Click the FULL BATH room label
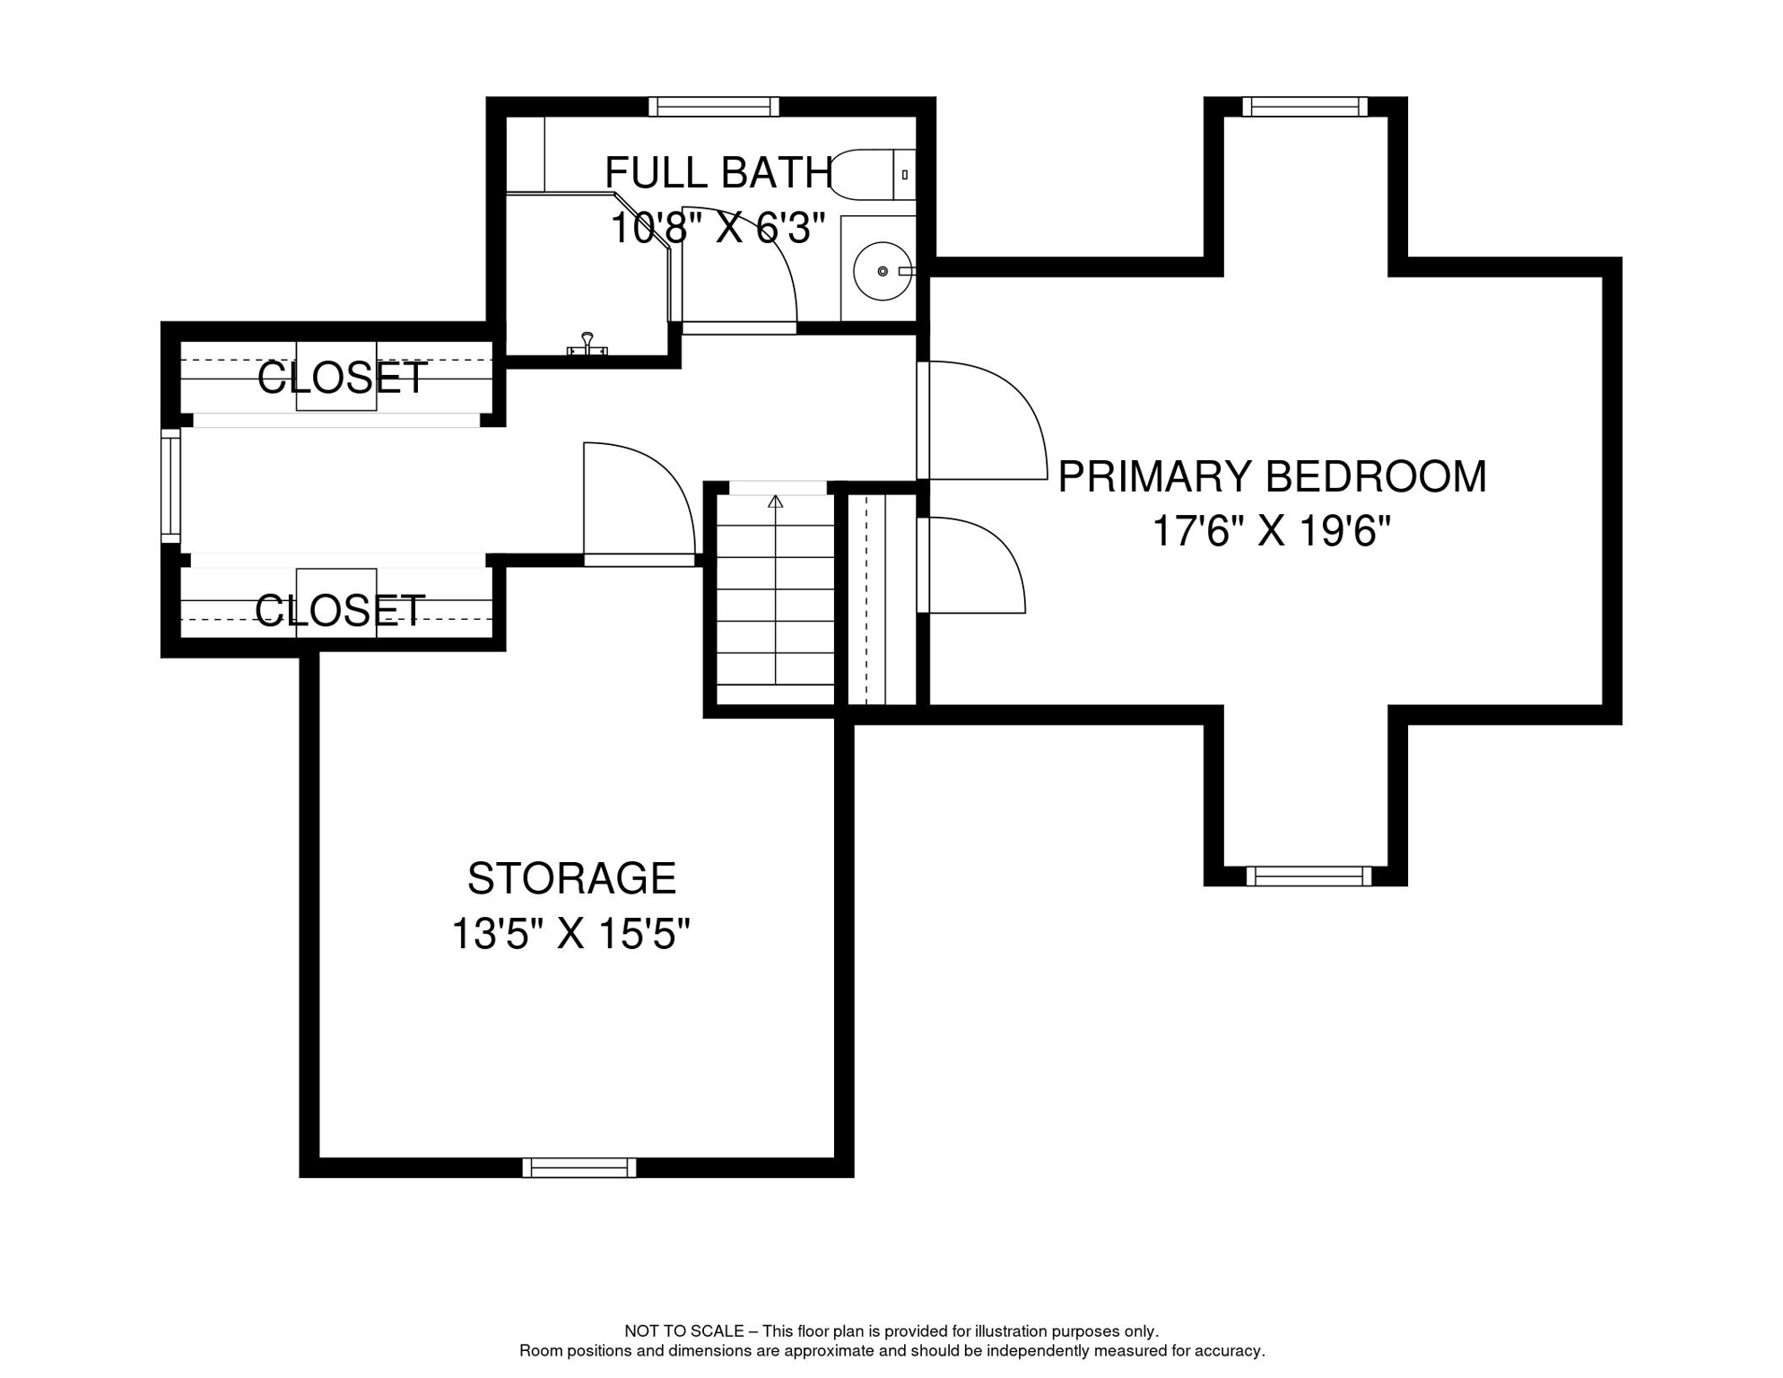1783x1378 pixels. [719, 172]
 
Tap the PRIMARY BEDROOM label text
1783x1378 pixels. [1272, 476]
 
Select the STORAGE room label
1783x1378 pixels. [571, 878]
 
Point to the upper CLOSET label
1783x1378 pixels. [342, 378]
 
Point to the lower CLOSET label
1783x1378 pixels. [340, 611]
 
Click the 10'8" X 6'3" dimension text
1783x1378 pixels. [718, 228]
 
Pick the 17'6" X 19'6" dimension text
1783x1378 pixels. [1271, 531]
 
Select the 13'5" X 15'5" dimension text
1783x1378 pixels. [570, 934]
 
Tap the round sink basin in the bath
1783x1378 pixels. [883, 270]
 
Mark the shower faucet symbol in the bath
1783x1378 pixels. [587, 344]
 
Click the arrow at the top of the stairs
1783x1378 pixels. [775, 501]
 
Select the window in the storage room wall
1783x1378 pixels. [579, 1167]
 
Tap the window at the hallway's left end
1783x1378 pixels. [170, 485]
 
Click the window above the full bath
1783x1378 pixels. [714, 107]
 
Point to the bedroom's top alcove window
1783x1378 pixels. [1305, 107]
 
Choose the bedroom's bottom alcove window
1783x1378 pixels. [1309, 876]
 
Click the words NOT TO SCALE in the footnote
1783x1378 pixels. [683, 1331]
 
